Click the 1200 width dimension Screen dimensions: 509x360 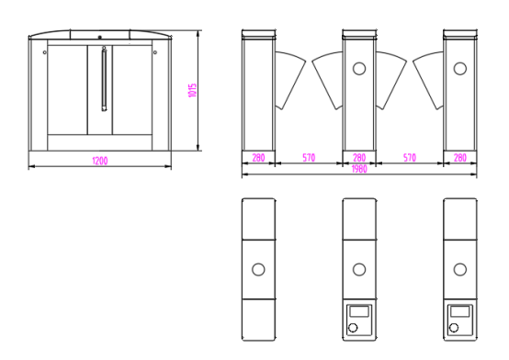tap(100, 161)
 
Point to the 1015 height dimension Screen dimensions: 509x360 tap(193, 90)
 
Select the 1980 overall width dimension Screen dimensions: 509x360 tap(359, 169)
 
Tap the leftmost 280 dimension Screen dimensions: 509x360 tap(258, 158)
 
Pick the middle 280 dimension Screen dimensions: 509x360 tap(359, 158)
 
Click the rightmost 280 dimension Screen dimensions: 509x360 tap(460, 158)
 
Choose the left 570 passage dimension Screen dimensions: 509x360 tap(309, 158)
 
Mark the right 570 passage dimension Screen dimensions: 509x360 tap(410, 158)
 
